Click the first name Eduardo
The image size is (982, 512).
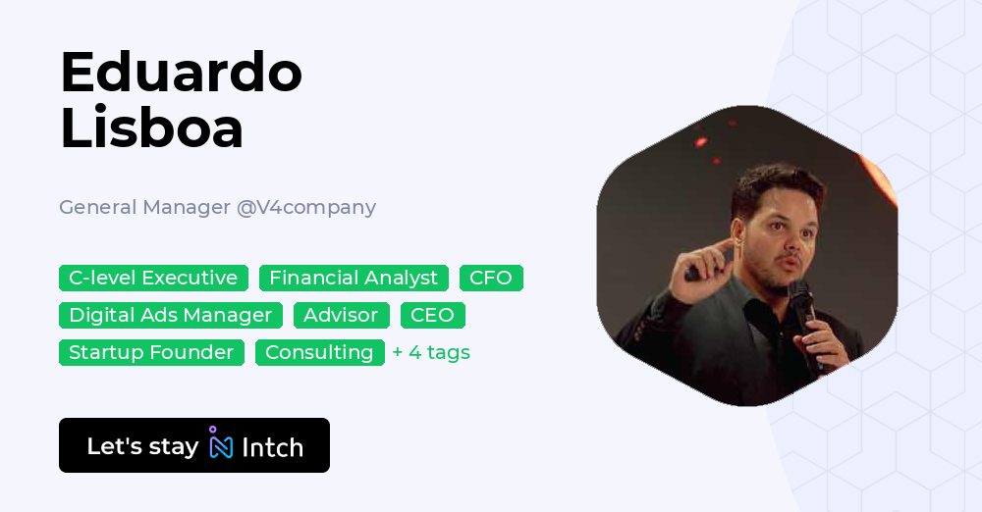[182, 73]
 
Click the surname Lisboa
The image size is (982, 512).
[151, 128]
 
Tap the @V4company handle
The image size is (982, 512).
[306, 208]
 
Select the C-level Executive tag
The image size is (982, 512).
[153, 278]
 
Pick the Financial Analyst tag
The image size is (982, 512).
[354, 278]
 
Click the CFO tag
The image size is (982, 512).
[491, 278]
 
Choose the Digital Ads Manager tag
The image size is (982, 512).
[170, 315]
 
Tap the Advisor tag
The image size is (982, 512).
[342, 315]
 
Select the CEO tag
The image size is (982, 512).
[433, 315]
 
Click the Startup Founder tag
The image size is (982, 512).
[151, 352]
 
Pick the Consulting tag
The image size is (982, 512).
[319, 352]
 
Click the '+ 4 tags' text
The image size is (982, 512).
[431, 352]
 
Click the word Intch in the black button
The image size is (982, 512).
[272, 447]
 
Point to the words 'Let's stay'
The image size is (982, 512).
[142, 446]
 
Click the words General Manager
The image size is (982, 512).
[144, 207]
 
